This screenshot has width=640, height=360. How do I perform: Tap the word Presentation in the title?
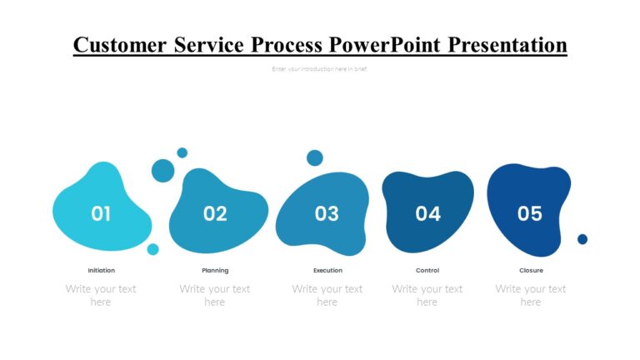[507, 44]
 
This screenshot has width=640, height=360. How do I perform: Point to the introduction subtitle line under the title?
[319, 69]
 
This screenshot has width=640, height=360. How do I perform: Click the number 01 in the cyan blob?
[101, 214]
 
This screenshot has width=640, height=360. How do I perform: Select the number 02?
[215, 214]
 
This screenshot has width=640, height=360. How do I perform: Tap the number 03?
[327, 214]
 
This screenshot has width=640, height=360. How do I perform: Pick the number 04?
[427, 214]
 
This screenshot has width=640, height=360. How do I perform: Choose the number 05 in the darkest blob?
[530, 214]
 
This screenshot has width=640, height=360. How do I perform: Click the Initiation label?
[102, 270]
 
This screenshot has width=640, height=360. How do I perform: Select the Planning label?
[215, 270]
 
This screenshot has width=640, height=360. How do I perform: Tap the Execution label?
[327, 270]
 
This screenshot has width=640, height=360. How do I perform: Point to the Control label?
[427, 270]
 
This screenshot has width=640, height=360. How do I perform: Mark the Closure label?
[531, 270]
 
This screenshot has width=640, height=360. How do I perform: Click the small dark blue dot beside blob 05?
[582, 239]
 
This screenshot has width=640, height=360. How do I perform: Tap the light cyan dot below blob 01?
[153, 249]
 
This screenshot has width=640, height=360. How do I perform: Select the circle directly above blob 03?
[315, 157]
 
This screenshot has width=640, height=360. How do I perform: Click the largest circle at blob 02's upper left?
[163, 171]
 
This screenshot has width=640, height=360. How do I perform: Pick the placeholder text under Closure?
[531, 295]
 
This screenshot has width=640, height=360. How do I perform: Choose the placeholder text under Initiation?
[101, 295]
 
